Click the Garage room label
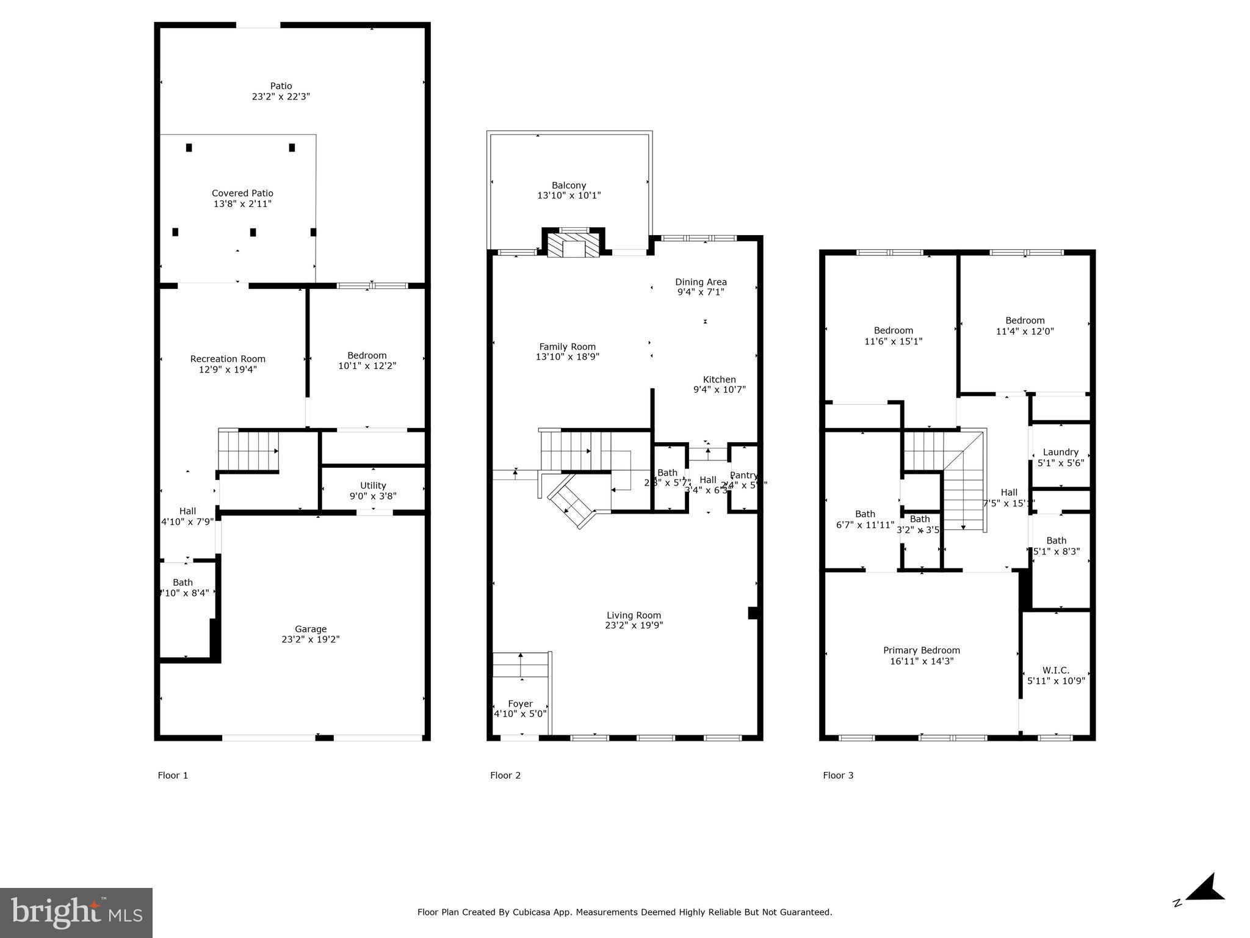311,629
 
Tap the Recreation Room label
228,359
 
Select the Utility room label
373,485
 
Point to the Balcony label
569,185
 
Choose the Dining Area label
701,282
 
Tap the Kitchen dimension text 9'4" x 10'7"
720,390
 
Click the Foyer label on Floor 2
520,703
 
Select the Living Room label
634,616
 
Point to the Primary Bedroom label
922,650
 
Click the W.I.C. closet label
1056,670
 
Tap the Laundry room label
1061,452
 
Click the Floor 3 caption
838,776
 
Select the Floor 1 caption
173,776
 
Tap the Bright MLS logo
76,913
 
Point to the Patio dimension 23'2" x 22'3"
281,96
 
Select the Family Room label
567,347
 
